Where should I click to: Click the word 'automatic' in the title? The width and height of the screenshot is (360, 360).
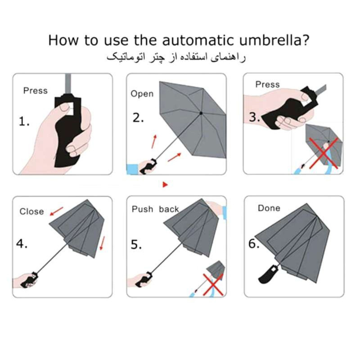point(198,40)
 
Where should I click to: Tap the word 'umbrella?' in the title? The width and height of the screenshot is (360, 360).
point(274,40)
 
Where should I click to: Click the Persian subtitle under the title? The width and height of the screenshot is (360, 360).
point(176,57)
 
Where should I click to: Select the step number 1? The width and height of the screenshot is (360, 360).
point(24,121)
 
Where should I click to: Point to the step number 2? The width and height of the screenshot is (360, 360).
point(138,118)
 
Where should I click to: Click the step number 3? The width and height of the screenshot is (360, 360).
point(254,117)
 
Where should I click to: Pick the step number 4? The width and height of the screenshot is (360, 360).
point(22,243)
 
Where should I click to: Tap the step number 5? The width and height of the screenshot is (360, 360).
point(136,244)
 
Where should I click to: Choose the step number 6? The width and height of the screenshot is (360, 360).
point(254,243)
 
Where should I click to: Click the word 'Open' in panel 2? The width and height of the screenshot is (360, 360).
point(142,94)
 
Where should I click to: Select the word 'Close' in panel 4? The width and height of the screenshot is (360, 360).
point(31,211)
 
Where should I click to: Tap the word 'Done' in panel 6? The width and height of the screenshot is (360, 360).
point(269,208)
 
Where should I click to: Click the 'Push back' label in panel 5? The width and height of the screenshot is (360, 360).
point(155,209)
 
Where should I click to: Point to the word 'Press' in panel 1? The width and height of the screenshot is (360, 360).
point(36,91)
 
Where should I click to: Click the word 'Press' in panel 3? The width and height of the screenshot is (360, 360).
point(267,85)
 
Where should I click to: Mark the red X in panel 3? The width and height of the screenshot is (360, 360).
point(324,153)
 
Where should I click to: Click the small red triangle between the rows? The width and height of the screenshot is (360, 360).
point(165,184)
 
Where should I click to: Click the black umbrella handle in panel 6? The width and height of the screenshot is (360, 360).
point(268,274)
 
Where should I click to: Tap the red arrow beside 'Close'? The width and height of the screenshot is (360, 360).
point(57,211)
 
